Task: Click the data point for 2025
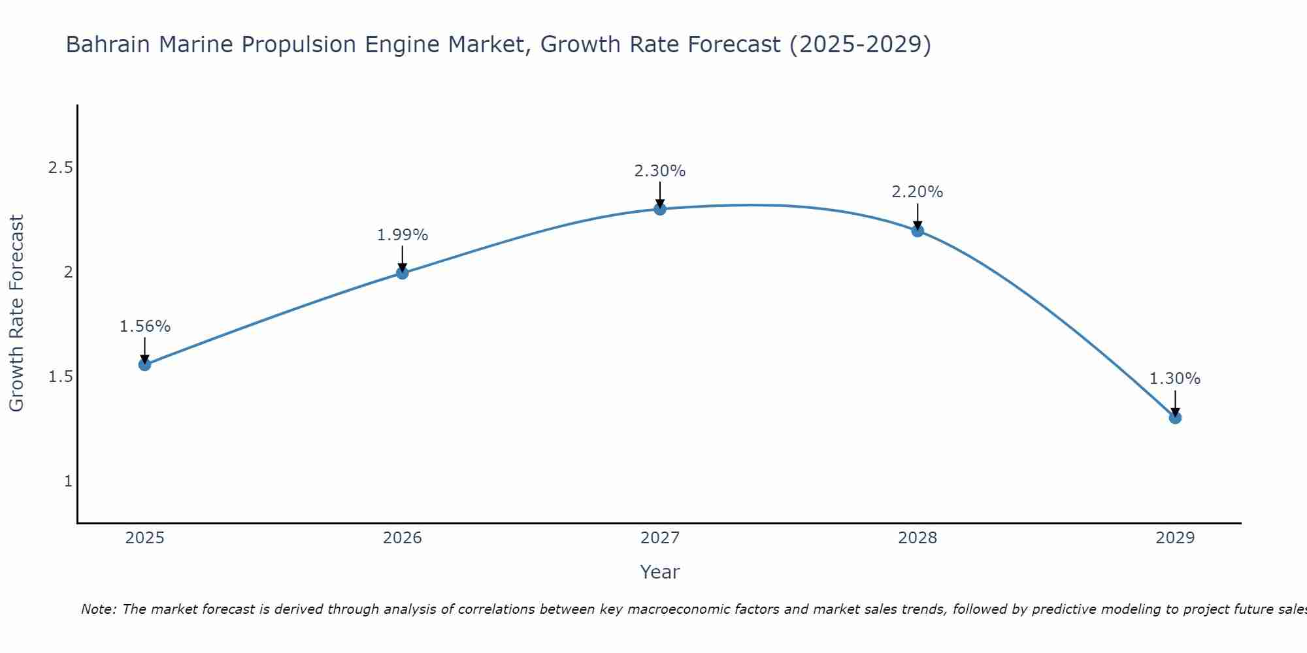coord(145,364)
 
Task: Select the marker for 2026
coord(403,273)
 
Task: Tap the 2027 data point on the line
coord(660,209)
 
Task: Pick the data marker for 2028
coord(918,231)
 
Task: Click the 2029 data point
coord(1175,417)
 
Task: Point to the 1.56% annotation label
coord(145,326)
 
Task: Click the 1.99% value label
coord(403,235)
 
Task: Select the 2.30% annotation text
coord(660,171)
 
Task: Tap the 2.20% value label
coord(918,192)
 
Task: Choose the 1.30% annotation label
coord(1175,379)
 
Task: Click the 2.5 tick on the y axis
coord(60,168)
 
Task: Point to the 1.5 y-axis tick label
coord(60,377)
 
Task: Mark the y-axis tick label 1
coord(68,481)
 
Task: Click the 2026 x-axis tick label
coord(403,538)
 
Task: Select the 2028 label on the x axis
coord(918,538)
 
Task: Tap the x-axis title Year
coord(660,572)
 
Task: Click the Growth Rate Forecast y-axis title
coord(17,313)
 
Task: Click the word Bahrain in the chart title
coord(108,44)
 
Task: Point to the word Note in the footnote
coord(98,609)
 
